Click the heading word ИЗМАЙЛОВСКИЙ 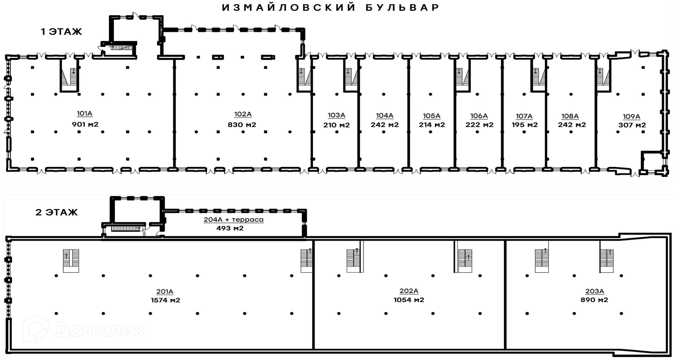[289, 8]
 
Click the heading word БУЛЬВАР [402, 8]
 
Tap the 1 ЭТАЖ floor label [61, 32]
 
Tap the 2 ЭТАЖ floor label [56, 212]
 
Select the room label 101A [85, 114]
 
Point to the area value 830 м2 [242, 125]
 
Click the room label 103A [336, 115]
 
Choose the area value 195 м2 [524, 125]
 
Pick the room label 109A [632, 117]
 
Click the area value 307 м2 [632, 125]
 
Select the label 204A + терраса [233, 220]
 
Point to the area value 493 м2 [230, 228]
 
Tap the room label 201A [165, 292]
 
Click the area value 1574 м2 [165, 300]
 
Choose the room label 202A [409, 291]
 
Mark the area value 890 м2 [594, 300]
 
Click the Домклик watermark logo [84, 329]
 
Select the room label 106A [479, 116]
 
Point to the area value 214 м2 [432, 125]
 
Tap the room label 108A [570, 116]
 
